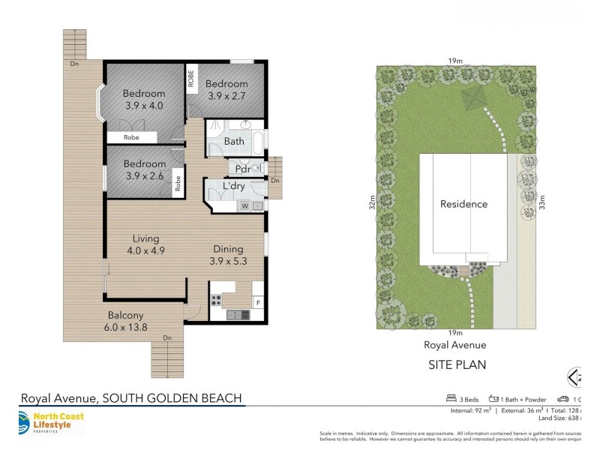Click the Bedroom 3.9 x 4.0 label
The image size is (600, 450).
point(144,100)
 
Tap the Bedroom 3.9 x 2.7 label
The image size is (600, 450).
point(226,90)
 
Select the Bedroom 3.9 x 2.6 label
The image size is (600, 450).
point(144,170)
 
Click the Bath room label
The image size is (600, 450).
point(234,141)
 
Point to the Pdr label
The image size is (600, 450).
point(242,169)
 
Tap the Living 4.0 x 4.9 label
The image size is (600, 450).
point(143,245)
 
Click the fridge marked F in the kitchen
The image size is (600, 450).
point(258,303)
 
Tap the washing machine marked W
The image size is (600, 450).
point(244,205)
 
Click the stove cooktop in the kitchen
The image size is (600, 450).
point(216,300)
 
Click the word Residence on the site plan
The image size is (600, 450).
point(463,204)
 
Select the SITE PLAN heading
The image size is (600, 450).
point(456,365)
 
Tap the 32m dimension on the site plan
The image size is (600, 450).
point(371,203)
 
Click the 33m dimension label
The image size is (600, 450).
point(542,203)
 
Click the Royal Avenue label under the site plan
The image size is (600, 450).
point(455,345)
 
